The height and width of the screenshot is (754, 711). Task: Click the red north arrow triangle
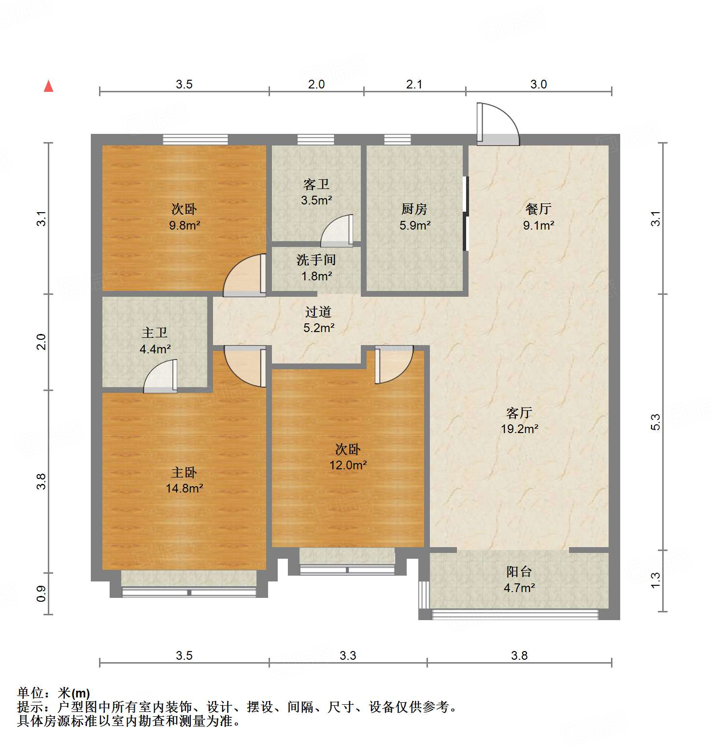[48, 87]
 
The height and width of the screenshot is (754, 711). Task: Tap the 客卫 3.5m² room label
[316, 192]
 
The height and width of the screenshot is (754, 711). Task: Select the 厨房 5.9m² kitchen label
[414, 217]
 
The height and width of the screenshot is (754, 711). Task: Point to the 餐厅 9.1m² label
[538, 217]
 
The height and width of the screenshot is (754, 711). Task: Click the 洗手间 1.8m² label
[316, 268]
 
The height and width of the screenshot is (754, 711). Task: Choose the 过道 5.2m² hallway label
[318, 320]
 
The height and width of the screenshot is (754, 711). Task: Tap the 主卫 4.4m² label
[155, 341]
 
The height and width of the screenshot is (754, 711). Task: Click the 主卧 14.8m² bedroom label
[184, 480]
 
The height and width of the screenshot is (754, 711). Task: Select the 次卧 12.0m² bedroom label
[348, 457]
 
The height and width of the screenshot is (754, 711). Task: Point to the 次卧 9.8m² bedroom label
[184, 217]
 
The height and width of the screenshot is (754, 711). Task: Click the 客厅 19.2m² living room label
[519, 420]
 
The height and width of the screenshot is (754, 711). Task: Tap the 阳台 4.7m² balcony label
[519, 580]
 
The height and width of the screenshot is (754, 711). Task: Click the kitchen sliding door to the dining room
[466, 214]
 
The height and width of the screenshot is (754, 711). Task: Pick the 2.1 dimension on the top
[414, 85]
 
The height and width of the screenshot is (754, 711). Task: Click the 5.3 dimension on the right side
[655, 422]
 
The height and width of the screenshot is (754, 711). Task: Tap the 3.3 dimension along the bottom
[348, 655]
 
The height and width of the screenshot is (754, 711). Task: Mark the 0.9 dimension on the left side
[42, 594]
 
